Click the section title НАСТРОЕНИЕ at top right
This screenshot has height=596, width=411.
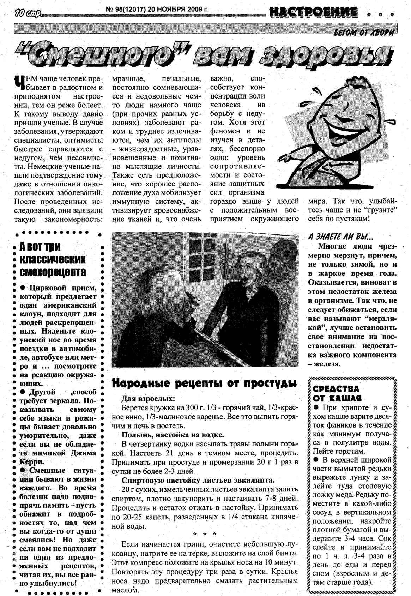click(313, 14)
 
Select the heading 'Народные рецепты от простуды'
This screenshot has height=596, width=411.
click(204, 383)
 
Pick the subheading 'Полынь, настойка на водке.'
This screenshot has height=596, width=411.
click(173, 435)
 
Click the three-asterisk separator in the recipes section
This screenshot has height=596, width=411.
click(205, 534)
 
